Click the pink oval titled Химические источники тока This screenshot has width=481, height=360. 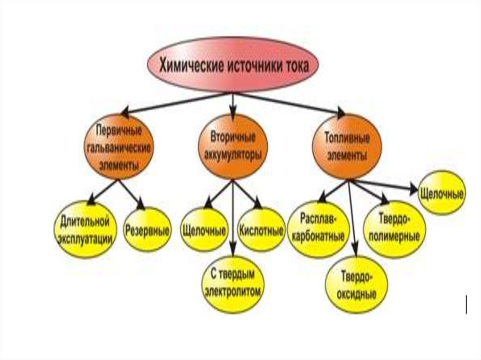(x=233, y=65)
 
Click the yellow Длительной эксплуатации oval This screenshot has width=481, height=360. (x=85, y=229)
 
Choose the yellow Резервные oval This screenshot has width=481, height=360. (x=147, y=230)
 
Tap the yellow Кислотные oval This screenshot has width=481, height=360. (x=261, y=230)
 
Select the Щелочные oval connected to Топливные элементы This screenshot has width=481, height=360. (x=441, y=193)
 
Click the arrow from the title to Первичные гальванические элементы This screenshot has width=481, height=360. (x=174, y=103)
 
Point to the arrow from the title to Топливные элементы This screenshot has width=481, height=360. (x=291, y=103)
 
